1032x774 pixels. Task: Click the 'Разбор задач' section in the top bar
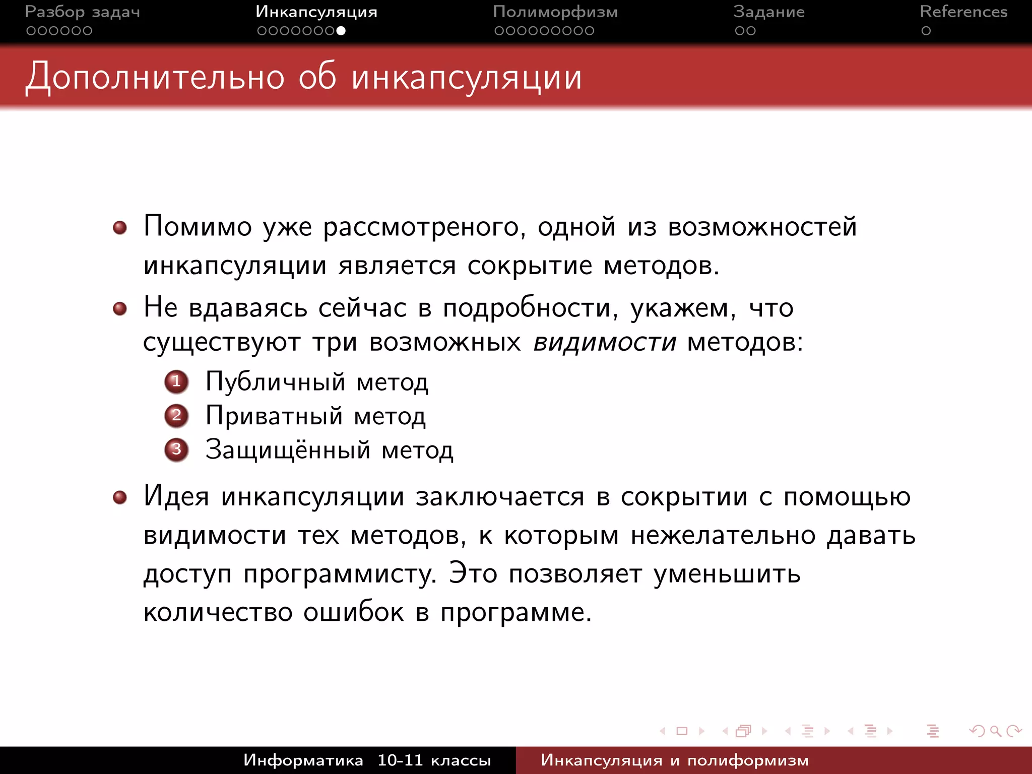point(82,12)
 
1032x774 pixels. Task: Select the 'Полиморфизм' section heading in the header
point(555,12)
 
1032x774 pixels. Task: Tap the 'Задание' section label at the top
point(768,12)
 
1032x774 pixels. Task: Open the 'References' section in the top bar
point(963,12)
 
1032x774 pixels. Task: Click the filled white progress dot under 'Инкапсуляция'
point(341,31)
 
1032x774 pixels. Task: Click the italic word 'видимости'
point(605,343)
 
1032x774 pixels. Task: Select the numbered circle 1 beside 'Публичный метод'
point(176,381)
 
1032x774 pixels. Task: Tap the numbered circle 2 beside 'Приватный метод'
point(176,416)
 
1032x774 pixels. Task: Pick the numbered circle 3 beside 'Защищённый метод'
point(176,449)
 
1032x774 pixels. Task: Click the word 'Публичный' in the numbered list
point(275,381)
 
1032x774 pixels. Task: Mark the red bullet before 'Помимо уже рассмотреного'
point(120,228)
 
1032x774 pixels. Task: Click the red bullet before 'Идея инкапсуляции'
point(120,498)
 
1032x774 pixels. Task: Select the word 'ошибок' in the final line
point(354,612)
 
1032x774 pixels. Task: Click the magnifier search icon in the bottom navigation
point(995,731)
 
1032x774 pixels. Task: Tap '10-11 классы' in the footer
point(434,760)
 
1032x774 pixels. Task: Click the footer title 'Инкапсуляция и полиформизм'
point(674,760)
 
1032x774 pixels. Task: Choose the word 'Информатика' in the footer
point(303,760)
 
